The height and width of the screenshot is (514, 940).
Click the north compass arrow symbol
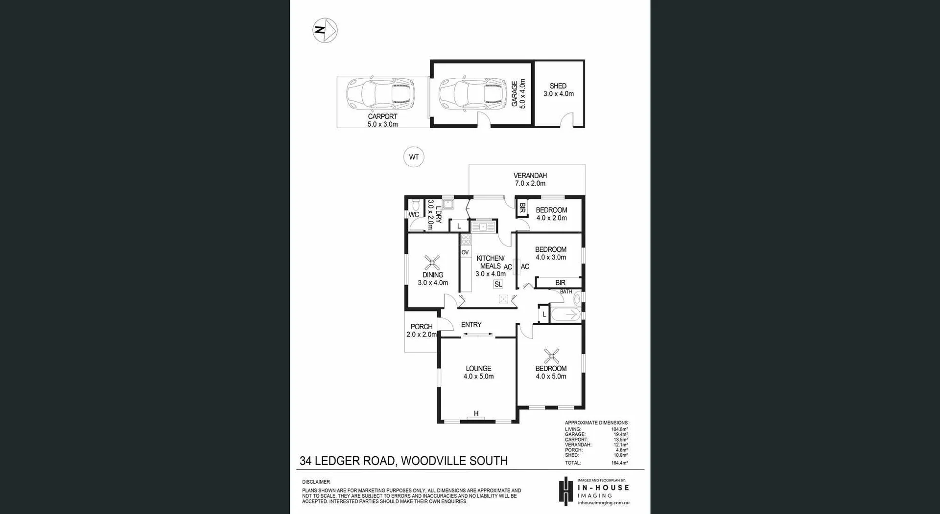click(325, 30)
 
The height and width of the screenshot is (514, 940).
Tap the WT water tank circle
click(414, 157)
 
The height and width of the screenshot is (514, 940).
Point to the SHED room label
click(558, 86)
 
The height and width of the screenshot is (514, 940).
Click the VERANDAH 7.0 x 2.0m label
click(530, 179)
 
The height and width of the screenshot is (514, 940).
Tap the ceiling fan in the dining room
click(432, 263)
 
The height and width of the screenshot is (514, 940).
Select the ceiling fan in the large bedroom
click(551, 356)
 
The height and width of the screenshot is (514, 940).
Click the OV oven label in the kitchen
click(465, 252)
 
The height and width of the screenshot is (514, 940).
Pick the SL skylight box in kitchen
click(498, 284)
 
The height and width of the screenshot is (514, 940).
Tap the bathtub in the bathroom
click(566, 314)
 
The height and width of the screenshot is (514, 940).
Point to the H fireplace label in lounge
click(476, 414)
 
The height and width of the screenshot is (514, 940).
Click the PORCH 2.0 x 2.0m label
click(421, 331)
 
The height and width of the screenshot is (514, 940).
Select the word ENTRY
click(471, 325)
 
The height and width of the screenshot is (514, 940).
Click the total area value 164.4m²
click(619, 463)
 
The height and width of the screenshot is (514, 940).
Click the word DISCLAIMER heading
click(316, 482)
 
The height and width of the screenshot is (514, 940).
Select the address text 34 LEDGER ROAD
click(347, 461)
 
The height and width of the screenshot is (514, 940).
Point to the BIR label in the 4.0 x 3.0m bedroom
click(560, 283)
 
